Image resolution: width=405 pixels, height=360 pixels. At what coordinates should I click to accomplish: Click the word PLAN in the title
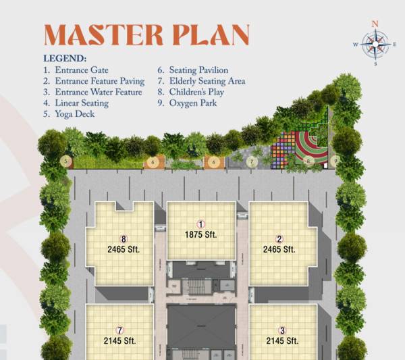pos(213,34)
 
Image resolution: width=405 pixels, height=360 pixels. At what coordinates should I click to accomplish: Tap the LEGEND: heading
pos(65,59)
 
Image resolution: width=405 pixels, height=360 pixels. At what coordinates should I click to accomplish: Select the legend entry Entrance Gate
pos(80,70)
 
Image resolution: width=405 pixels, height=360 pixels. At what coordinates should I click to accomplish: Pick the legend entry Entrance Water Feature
pos(97,92)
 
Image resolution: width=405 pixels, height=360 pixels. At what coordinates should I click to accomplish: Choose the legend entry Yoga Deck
pos(74,114)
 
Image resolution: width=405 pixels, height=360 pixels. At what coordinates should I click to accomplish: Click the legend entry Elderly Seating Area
pos(207,81)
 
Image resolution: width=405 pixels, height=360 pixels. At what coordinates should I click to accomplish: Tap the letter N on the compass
pos(375,24)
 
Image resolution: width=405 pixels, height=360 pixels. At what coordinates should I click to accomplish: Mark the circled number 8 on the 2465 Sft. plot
pos(124,238)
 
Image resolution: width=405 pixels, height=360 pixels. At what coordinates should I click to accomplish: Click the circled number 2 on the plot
pos(279,238)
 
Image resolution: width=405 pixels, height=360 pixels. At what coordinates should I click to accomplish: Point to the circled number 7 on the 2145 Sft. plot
pos(119,330)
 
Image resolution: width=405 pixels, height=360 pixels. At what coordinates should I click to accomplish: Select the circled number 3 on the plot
pos(283,330)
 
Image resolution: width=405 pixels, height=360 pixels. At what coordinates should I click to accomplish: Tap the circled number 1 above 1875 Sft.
pos(200,224)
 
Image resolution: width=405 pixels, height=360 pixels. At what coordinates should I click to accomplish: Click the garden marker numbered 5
pos(65,161)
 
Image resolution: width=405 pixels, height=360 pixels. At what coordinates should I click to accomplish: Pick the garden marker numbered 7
pos(252,161)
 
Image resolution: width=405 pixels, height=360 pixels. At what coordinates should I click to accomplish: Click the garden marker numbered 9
pos(334,161)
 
